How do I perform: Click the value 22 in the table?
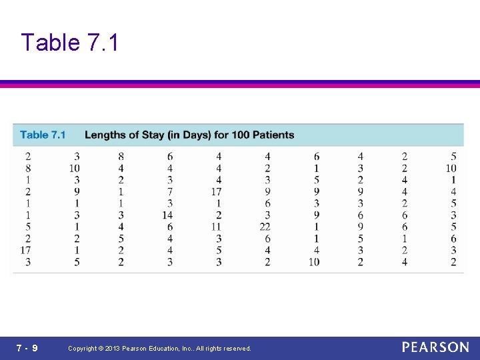click(x=265, y=227)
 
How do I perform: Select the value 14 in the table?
click(x=167, y=215)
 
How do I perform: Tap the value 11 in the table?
click(x=216, y=227)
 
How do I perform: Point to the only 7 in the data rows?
click(x=170, y=192)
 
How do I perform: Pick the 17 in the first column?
click(x=25, y=250)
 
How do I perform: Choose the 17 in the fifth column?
click(x=216, y=192)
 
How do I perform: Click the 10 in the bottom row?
click(x=314, y=262)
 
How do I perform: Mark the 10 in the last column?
click(x=451, y=168)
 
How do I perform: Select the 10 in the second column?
click(x=74, y=168)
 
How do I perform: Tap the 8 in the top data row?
click(x=121, y=157)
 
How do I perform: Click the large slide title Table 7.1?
click(x=69, y=43)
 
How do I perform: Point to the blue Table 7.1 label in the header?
click(x=43, y=135)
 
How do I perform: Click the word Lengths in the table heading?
click(x=105, y=135)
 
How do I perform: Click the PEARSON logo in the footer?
click(x=435, y=347)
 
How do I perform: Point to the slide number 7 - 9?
click(x=27, y=348)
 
